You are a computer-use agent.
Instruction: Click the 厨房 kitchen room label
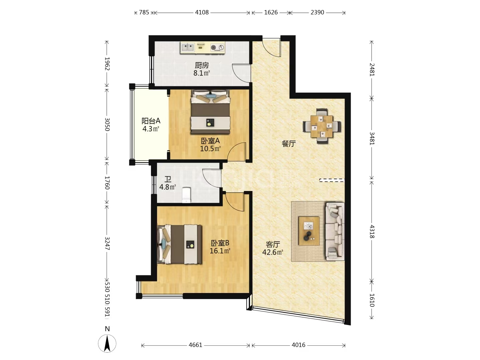coord(202,65)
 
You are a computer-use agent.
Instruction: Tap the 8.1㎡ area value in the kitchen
coord(202,73)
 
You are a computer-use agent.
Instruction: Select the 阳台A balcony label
coord(151,121)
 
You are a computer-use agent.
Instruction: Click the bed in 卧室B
coord(180,244)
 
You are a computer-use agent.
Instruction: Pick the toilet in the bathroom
coord(186,195)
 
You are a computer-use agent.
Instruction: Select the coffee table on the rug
coord(309,231)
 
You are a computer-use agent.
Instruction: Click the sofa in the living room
coord(335,231)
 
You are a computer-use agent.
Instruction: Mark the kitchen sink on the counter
coord(187,47)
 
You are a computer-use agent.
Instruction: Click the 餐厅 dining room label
coord(289,144)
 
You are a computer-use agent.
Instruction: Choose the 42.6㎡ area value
coord(273,252)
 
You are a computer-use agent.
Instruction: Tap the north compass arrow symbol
coord(107,344)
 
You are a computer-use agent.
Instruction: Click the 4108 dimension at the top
coord(202,12)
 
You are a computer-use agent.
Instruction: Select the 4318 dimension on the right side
coord(372,231)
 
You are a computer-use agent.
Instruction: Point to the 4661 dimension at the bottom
coord(195,345)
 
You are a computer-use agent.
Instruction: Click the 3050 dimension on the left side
coord(107,124)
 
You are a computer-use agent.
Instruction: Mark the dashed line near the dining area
coord(332,180)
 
